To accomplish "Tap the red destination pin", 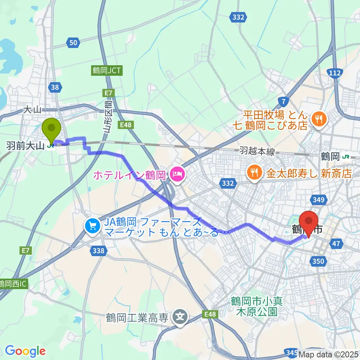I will tap(309, 223).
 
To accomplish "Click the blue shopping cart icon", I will tap(91, 226).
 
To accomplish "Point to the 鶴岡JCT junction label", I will tap(107, 70).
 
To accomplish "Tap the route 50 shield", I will tap(74, 43).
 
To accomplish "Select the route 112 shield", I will tap(333, 72).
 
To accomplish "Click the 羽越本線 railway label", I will tap(257, 151).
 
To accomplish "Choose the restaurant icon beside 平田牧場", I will tap(319, 120).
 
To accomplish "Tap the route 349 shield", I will tap(318, 200).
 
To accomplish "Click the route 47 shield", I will tap(336, 244).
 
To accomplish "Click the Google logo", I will tap(25, 351).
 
